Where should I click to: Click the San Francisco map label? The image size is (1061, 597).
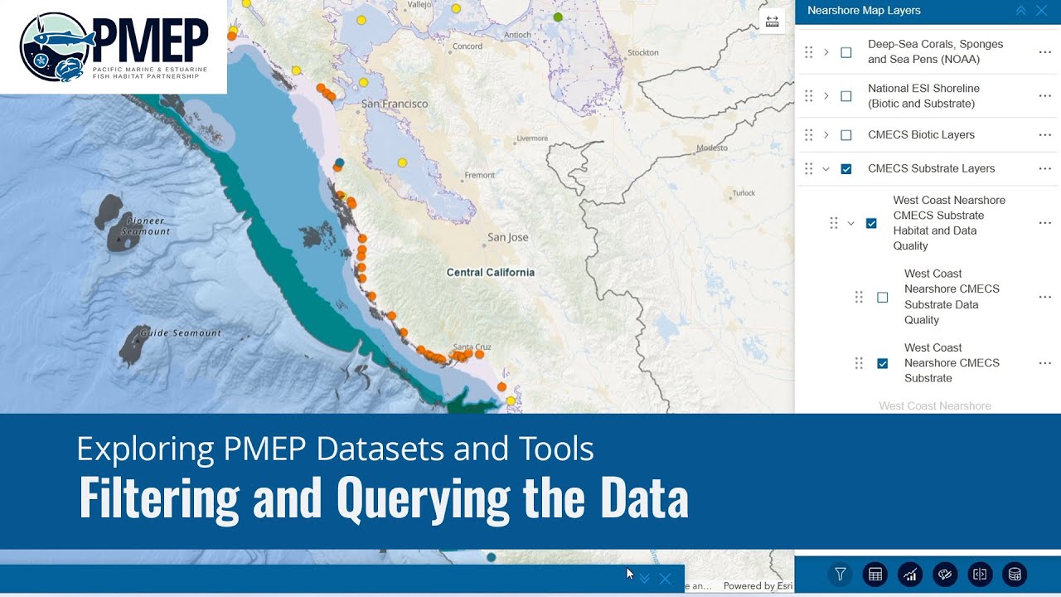pos(395,104)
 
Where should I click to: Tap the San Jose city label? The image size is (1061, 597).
pos(507,237)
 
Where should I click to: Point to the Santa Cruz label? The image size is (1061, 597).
pos(472,347)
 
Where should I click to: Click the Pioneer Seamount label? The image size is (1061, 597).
pos(145,226)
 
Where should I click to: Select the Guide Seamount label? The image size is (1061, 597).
pos(180,333)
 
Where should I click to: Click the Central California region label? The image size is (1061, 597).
pos(490,272)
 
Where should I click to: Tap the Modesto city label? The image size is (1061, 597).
pos(711,148)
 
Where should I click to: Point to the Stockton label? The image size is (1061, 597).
pos(643,52)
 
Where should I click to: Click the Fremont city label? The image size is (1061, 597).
pos(479,176)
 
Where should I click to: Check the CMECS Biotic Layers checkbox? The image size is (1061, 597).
pos(846,135)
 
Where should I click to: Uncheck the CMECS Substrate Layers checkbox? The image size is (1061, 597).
pos(846,169)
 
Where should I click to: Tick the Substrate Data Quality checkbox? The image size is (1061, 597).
pos(882,297)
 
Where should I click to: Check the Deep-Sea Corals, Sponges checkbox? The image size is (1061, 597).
pos(846,52)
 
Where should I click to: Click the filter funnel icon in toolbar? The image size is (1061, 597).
pos(841,574)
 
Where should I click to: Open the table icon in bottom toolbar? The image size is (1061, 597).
pos(874,574)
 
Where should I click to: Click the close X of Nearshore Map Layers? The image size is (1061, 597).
pos(1042,11)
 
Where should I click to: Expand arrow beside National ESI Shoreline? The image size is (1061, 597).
pos(826,96)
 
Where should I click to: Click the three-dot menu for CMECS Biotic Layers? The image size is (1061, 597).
pos(1044,135)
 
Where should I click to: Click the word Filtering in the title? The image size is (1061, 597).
pos(158,498)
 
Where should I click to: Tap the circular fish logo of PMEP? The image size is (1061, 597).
pos(56,46)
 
